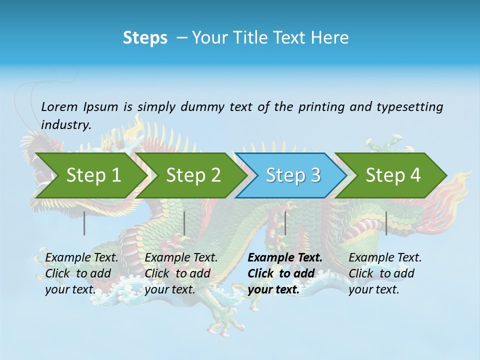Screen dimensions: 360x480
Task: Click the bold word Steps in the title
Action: click(x=145, y=38)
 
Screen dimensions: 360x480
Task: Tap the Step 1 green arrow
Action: click(x=90, y=175)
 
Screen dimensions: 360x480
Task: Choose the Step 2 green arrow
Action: click(x=192, y=175)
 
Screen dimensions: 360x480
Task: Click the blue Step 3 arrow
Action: click(x=292, y=175)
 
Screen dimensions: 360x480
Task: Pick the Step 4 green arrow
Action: click(x=392, y=175)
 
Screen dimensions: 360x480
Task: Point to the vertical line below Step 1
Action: click(x=84, y=223)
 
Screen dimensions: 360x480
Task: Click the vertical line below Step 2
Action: click(x=184, y=223)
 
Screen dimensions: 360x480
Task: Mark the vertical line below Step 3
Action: click(x=285, y=223)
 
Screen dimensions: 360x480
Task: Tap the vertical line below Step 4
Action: click(x=386, y=223)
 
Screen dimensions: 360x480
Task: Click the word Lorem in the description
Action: click(x=59, y=107)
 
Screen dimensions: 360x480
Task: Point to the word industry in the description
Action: click(x=66, y=125)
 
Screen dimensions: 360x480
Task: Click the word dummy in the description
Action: click(x=202, y=107)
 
